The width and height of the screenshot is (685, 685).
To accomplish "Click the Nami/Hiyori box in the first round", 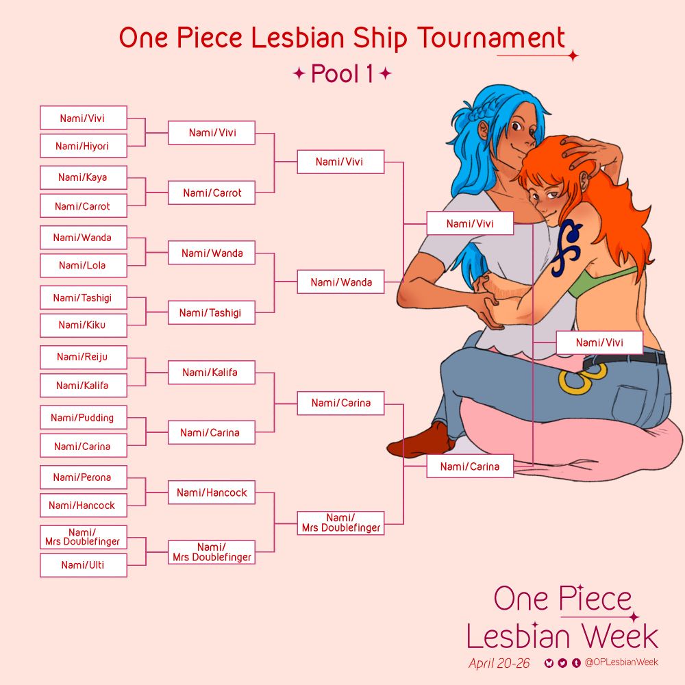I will pos(83,146).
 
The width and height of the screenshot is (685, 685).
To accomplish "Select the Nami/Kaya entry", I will pos(83,177).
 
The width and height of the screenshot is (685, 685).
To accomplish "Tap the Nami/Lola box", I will pos(83,265).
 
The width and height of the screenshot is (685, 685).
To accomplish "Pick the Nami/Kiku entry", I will pos(83,325).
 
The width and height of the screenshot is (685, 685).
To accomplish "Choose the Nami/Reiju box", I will pos(83,357).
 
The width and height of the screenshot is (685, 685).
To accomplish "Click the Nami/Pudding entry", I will pos(83,417).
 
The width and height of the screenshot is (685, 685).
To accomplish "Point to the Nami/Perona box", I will pos(83,477).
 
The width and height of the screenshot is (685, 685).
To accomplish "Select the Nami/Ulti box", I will pos(83,565).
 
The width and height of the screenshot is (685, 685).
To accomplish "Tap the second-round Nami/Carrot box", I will pos(212,193).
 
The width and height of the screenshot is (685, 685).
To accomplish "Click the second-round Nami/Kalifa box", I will pos(212,373).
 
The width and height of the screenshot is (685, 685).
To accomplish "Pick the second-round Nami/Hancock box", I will pos(212,493).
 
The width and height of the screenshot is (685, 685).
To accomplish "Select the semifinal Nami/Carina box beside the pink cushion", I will pos(469,466).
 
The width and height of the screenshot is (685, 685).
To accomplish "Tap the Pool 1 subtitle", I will pos(342,74).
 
